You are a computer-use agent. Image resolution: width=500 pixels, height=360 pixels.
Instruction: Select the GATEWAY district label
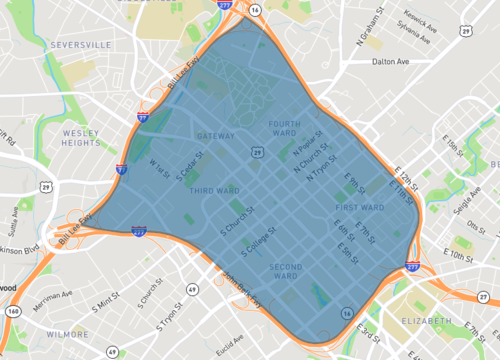217,136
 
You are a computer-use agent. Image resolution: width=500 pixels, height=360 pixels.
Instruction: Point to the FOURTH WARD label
285,129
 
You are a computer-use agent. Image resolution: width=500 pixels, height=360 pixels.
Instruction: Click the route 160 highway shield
12,311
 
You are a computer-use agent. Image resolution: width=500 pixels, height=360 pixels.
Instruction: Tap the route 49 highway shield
112,351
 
